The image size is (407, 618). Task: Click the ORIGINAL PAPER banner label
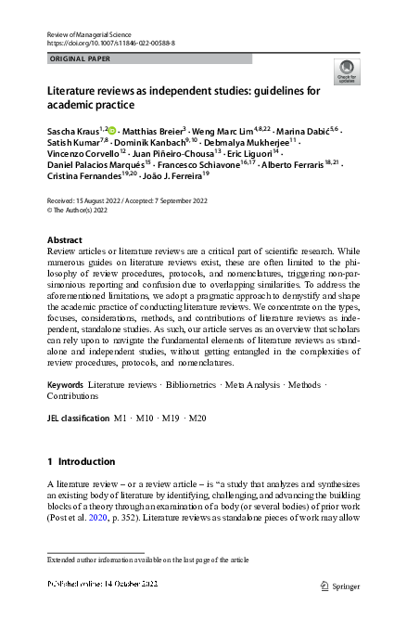79,58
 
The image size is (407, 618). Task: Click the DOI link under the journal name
109,44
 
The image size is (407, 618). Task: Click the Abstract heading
64,239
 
